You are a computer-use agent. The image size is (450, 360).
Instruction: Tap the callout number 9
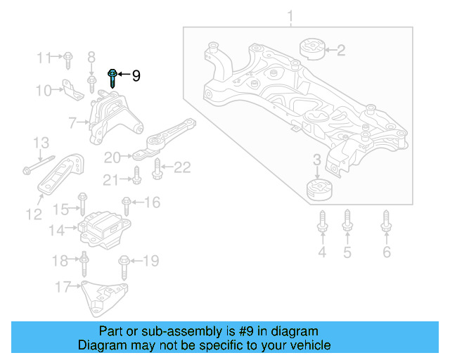click(136, 75)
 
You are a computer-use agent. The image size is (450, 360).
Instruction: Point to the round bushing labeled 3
click(320, 190)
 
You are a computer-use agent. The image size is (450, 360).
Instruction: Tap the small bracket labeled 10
click(70, 89)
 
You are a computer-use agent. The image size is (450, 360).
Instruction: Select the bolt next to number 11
click(68, 59)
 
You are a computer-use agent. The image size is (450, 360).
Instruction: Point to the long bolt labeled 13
click(39, 165)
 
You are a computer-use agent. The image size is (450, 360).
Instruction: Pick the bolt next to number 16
click(127, 206)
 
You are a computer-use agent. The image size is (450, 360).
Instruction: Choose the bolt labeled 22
click(157, 168)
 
